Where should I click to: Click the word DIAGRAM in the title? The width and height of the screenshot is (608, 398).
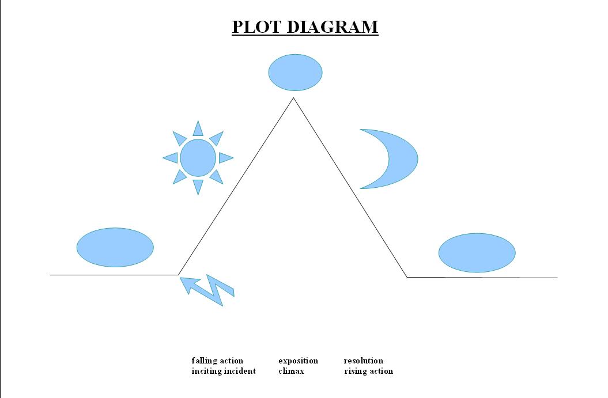pyautogui.click(x=334, y=27)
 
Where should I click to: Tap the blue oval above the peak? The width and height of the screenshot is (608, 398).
pyautogui.click(x=295, y=73)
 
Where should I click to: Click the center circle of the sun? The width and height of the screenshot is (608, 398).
pyautogui.click(x=198, y=157)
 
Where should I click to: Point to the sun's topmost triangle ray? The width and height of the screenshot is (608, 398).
pyautogui.click(x=198, y=129)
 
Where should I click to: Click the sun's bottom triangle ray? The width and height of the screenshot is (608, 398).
pyautogui.click(x=198, y=185)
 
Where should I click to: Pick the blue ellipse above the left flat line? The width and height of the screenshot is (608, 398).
pyautogui.click(x=115, y=247)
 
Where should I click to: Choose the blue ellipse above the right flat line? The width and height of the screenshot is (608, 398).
pyautogui.click(x=477, y=253)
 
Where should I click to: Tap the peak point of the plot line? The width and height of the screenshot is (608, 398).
pyautogui.click(x=293, y=98)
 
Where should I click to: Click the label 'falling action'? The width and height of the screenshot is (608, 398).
pyautogui.click(x=217, y=361)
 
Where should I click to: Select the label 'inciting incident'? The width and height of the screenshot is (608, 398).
pyautogui.click(x=224, y=371)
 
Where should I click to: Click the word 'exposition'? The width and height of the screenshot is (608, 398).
pyautogui.click(x=298, y=361)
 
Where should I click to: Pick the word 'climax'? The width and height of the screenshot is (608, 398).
pyautogui.click(x=291, y=371)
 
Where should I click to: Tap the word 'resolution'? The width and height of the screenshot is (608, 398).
pyautogui.click(x=363, y=361)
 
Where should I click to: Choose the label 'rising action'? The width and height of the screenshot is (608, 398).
pyautogui.click(x=368, y=371)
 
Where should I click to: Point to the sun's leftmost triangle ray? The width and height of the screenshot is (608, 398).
pyautogui.click(x=171, y=157)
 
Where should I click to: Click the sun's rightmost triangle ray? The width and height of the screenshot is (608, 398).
pyautogui.click(x=225, y=157)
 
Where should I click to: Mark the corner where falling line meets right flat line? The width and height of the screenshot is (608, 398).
pyautogui.click(x=407, y=277)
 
